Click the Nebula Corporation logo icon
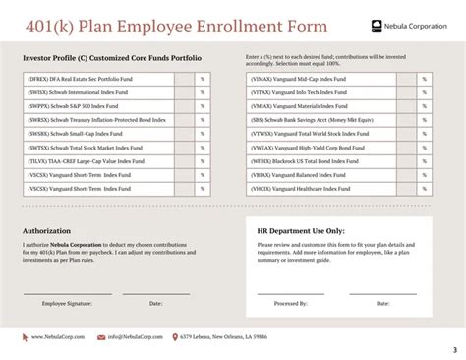tap(379, 26)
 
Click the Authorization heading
tap(46, 231)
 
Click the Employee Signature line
tap(68, 293)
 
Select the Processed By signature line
tap(291, 293)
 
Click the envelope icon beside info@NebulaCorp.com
tap(101, 336)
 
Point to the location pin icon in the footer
tap(174, 336)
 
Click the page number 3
tap(454, 351)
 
